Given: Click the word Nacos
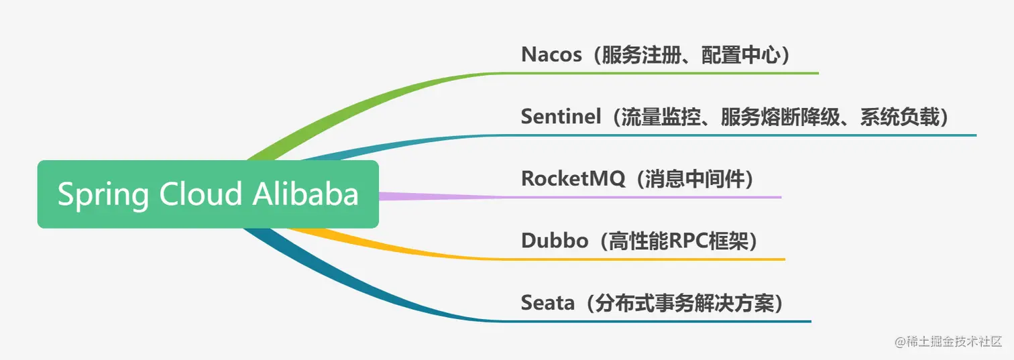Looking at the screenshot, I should [551, 54].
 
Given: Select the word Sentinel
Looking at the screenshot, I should [561, 117].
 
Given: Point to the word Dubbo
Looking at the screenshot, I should [554, 241].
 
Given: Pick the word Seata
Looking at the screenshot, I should [548, 303].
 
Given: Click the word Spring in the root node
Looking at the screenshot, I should [103, 194].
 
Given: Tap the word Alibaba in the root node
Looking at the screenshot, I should [306, 194].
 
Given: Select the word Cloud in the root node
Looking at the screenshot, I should [200, 194].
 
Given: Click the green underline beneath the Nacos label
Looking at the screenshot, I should [671, 73].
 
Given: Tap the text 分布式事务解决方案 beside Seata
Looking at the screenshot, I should [683, 303].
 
